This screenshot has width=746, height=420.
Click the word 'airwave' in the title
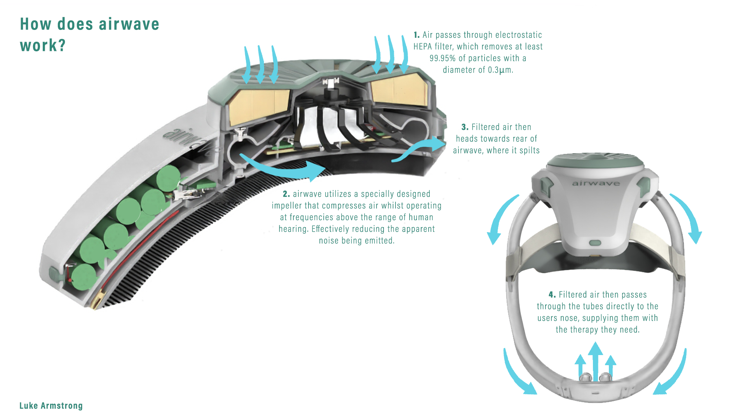tap(129, 24)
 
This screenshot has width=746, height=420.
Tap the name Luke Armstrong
tap(51, 406)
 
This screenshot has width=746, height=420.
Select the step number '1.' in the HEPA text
tap(417, 35)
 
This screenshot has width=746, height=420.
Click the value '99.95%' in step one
tap(443, 58)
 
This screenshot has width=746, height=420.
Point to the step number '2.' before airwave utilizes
tap(286, 194)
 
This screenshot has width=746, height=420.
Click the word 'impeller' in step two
tap(286, 206)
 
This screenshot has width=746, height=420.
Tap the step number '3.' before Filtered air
tap(465, 127)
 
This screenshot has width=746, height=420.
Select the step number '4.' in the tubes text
tap(552, 295)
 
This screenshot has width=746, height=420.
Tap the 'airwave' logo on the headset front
tap(596, 183)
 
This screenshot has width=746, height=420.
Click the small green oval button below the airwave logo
tap(595, 243)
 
